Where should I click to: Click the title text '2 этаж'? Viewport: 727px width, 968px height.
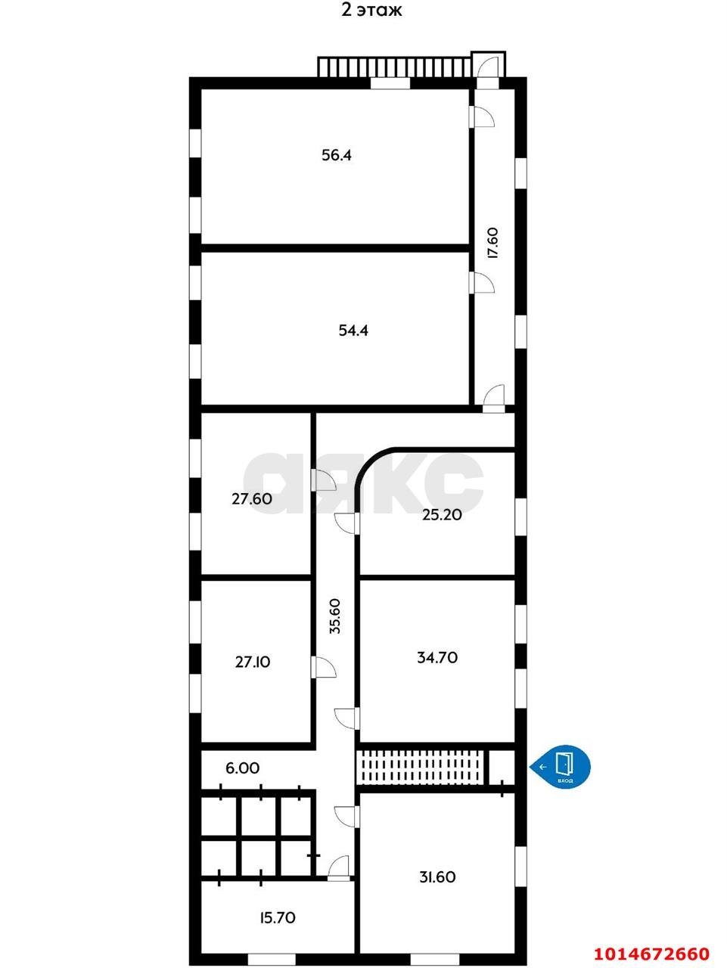pyautogui.click(x=371, y=11)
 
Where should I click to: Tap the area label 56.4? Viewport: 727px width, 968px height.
pyautogui.click(x=337, y=156)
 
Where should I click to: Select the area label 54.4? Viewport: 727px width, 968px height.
pyautogui.click(x=353, y=330)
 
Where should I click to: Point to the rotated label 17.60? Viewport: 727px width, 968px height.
pyautogui.click(x=492, y=243)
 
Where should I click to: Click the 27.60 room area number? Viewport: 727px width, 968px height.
pyautogui.click(x=252, y=499)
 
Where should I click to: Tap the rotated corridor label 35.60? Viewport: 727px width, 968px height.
pyautogui.click(x=335, y=616)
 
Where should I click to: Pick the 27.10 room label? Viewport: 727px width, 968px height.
pyautogui.click(x=252, y=662)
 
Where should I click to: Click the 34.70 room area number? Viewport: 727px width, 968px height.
pyautogui.click(x=437, y=658)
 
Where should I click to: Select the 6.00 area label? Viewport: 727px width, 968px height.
pyautogui.click(x=242, y=768)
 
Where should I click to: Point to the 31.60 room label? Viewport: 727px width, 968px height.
pyautogui.click(x=437, y=877)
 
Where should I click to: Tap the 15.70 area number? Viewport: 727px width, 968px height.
pyautogui.click(x=277, y=918)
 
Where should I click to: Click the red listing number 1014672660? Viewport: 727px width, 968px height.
pyautogui.click(x=651, y=953)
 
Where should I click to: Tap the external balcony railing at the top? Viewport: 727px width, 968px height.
pyautogui.click(x=393, y=67)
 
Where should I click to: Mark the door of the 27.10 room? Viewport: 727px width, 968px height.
pyautogui.click(x=324, y=667)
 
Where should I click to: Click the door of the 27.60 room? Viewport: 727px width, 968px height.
pyautogui.click(x=324, y=479)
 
